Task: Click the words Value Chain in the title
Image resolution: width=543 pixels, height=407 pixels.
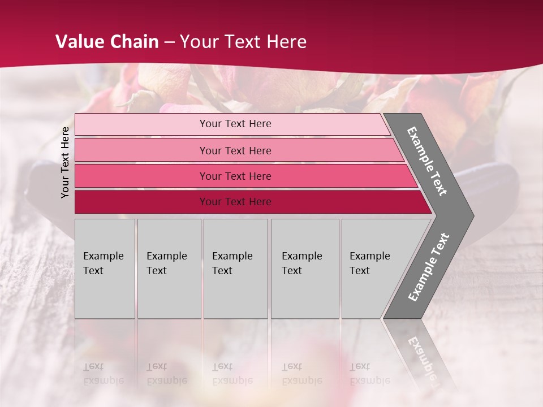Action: [107, 42]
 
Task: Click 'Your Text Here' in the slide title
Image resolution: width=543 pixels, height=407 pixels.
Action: [243, 42]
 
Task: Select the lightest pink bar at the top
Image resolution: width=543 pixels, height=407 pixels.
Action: [141, 124]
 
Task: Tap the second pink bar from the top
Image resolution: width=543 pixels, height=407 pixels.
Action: [141, 150]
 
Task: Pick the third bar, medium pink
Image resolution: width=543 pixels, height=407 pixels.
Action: [141, 176]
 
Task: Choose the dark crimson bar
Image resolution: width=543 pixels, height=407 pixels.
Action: [141, 202]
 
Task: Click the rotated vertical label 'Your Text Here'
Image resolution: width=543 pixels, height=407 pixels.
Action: [65, 162]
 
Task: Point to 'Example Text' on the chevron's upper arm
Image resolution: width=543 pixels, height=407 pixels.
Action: [427, 161]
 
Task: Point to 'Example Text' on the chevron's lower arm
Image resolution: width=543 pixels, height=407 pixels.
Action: [428, 267]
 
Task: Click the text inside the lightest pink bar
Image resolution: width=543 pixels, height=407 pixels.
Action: [235, 124]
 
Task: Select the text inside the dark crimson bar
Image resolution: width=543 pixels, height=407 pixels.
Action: [235, 202]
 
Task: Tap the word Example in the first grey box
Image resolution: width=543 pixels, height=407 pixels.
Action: [103, 256]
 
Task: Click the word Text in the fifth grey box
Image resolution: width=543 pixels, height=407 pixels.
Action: [360, 271]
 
